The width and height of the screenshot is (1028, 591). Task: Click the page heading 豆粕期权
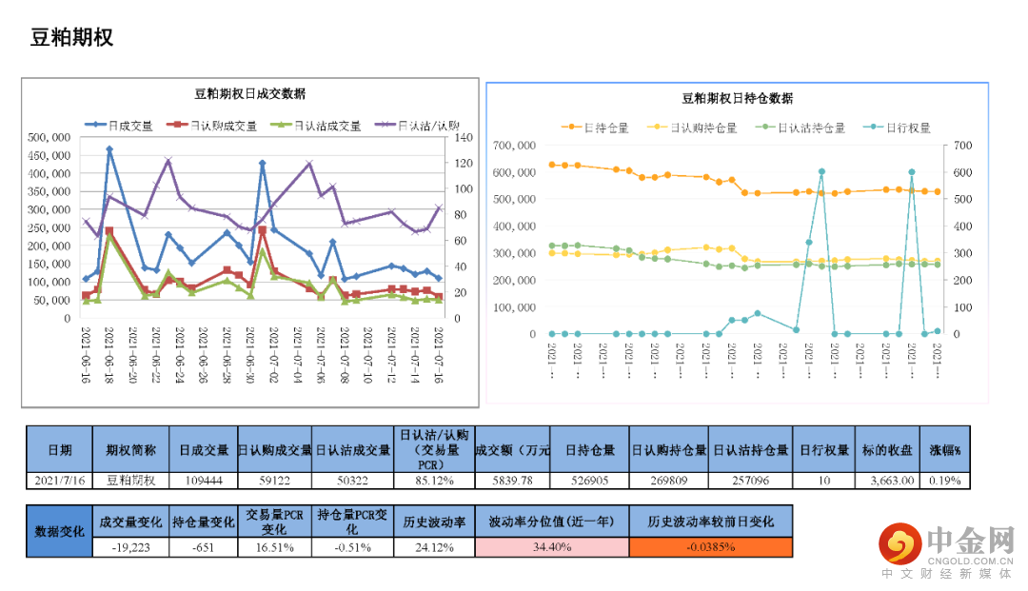click(72, 38)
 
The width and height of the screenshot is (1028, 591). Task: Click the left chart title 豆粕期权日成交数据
click(249, 93)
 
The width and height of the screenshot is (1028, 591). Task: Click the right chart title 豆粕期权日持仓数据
click(737, 98)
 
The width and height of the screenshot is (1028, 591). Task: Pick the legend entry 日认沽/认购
click(427, 126)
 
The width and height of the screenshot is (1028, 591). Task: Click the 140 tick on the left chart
click(463, 137)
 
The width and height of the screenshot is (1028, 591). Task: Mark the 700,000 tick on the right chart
click(515, 146)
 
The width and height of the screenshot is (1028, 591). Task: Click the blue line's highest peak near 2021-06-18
click(109, 149)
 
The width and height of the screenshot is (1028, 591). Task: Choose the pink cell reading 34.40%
click(551, 547)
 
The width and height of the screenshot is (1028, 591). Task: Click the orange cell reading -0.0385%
click(710, 547)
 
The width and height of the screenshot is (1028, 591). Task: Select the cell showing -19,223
click(131, 547)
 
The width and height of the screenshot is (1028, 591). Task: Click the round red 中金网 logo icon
click(897, 542)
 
